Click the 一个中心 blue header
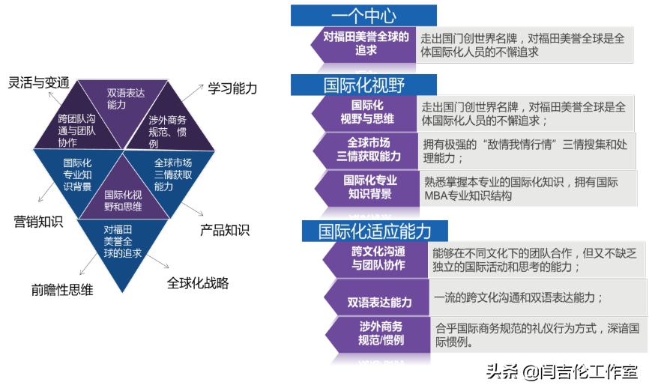point(363,15)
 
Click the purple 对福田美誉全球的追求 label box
point(365,43)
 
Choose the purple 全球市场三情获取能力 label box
point(368,149)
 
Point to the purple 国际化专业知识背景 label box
point(369,187)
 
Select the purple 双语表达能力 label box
point(378,302)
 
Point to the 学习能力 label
point(232,88)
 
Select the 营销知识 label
point(38,222)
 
